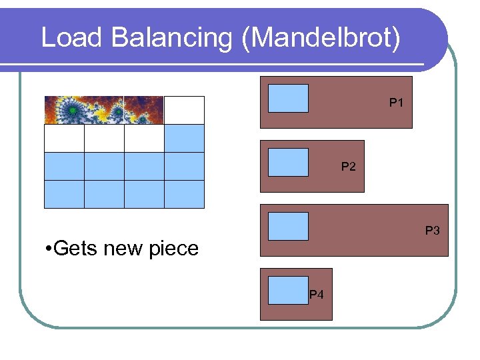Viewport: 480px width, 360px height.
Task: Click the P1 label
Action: point(397,103)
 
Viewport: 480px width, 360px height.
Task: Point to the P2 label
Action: point(348,167)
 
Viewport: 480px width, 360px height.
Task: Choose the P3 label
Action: point(433,231)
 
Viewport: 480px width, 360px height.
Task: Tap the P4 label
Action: point(317,294)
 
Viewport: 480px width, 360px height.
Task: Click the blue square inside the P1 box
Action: point(288,98)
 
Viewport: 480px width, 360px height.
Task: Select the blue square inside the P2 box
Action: point(288,162)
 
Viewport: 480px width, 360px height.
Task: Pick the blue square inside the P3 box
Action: point(288,226)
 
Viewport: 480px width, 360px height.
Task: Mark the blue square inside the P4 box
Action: point(288,290)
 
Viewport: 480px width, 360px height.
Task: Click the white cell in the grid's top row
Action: point(184,110)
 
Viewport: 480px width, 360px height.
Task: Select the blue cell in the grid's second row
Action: point(184,138)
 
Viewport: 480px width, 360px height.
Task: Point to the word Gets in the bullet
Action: point(75,249)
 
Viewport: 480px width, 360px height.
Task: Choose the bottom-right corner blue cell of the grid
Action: point(184,194)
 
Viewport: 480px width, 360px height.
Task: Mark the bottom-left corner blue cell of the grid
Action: point(64,194)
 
